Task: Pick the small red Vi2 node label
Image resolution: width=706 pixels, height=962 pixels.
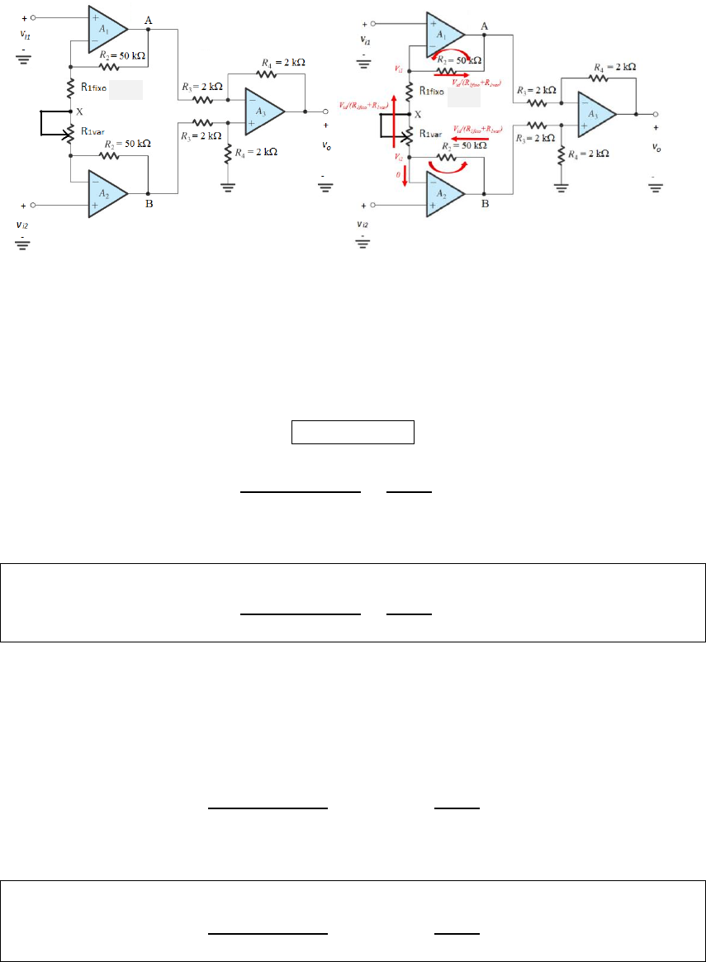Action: pos(399,156)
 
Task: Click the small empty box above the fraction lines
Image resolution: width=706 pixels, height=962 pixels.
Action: pos(352,433)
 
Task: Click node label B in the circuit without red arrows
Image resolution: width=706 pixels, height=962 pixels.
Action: pos(149,205)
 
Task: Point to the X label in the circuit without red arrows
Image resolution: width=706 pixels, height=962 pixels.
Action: pos(79,111)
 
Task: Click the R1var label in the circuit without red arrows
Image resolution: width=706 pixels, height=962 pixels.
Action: pos(92,130)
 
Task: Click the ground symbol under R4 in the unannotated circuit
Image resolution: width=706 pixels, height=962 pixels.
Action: pos(228,186)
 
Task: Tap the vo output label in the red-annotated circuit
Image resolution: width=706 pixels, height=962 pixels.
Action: pos(656,148)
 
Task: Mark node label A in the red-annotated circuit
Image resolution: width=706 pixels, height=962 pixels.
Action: pos(484,26)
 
